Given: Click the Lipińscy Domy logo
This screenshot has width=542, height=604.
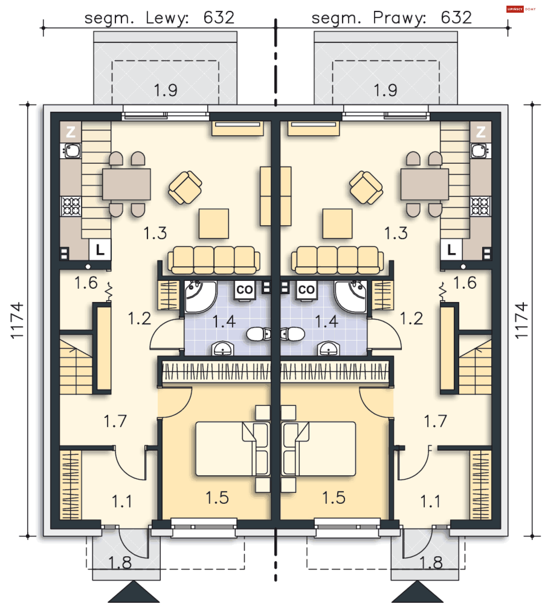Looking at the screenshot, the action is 521,9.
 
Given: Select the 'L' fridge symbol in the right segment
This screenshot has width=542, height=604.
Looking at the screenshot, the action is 451,250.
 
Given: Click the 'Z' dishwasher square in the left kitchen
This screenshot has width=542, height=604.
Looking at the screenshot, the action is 71,132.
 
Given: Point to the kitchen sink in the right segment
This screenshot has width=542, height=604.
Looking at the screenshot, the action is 481,151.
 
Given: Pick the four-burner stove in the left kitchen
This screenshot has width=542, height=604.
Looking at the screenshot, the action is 71,206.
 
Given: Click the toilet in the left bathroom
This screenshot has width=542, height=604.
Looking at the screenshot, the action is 259,334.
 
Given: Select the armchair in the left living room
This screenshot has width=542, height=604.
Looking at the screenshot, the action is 185,187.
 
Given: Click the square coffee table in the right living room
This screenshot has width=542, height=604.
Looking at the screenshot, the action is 337,224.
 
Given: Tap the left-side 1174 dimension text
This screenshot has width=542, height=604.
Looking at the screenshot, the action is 17,320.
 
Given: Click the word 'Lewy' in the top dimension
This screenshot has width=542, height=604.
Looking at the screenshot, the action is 167,18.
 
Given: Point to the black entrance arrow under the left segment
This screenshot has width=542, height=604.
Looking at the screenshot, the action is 134,592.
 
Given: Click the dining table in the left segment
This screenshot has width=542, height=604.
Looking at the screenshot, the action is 126,184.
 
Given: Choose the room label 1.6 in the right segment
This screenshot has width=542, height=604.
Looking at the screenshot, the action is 465,283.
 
